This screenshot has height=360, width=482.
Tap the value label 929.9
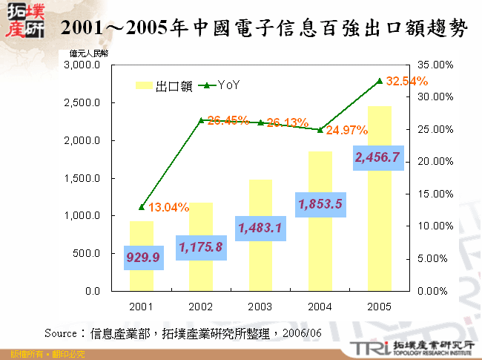142,258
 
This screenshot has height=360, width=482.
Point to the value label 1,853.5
320,203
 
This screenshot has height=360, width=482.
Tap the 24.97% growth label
346,131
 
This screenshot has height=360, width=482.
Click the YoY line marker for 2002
201,120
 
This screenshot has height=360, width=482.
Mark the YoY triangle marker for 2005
379,81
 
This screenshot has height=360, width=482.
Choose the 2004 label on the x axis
320,305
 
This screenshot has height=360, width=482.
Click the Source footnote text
182,333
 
